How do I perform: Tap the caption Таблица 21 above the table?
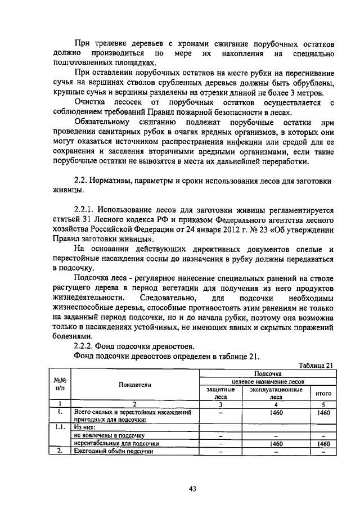coord(316,364)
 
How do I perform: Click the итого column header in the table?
coord(323,394)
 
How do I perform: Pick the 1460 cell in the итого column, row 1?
coord(323,413)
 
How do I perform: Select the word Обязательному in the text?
coord(102,121)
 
